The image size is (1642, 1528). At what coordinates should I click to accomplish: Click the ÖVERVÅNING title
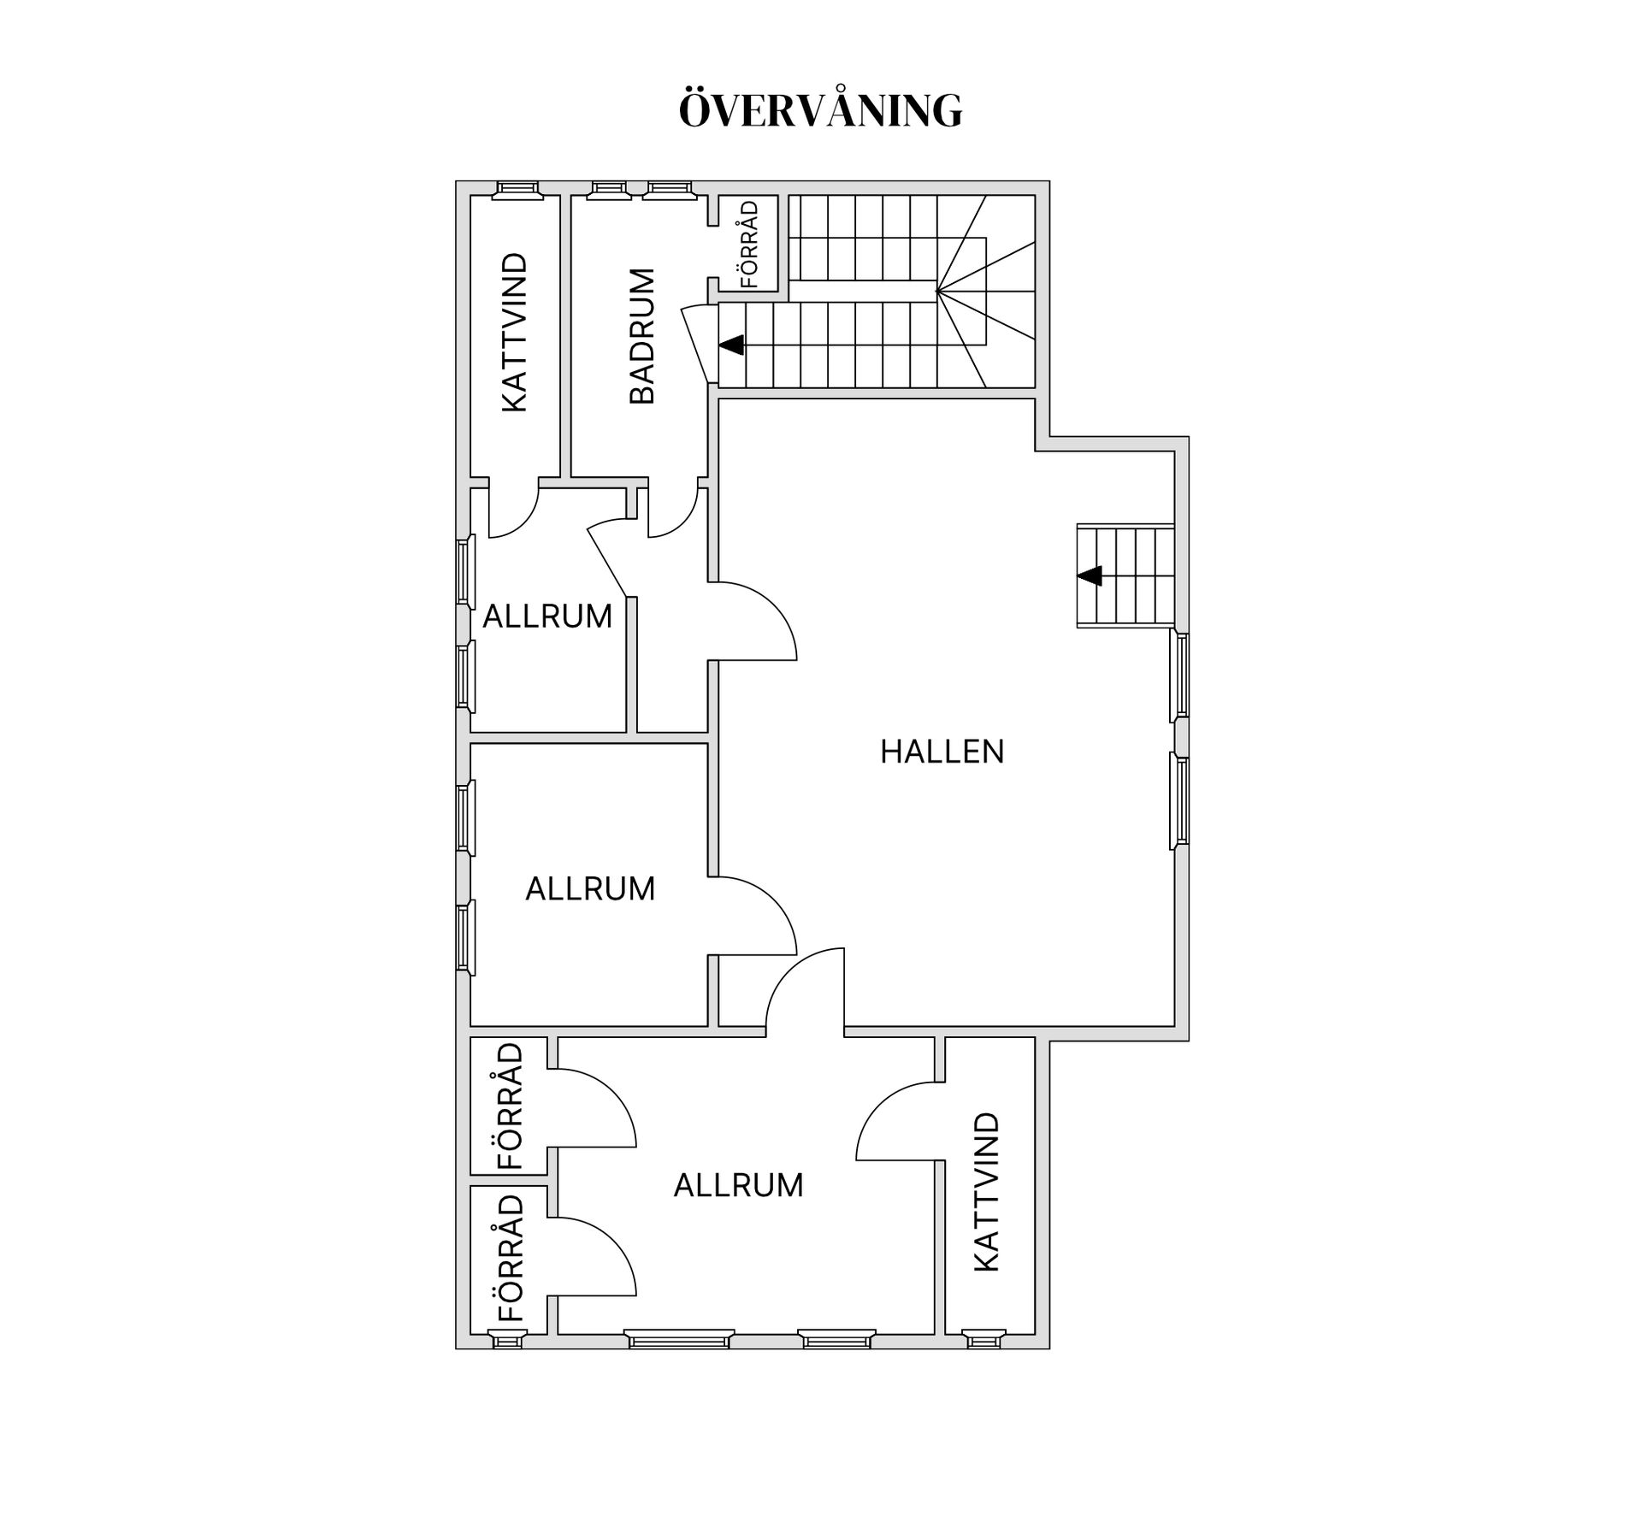(820, 109)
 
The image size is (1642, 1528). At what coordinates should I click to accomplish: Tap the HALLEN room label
(942, 752)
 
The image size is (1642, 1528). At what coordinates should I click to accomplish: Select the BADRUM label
(641, 336)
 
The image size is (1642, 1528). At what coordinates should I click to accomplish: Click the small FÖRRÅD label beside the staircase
(749, 244)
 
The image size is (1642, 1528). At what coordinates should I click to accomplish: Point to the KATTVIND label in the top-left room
(514, 332)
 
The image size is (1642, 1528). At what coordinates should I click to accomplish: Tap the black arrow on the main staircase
(731, 345)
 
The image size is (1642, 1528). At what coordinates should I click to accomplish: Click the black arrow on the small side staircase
(1089, 576)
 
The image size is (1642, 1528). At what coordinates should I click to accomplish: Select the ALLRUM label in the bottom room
(738, 1185)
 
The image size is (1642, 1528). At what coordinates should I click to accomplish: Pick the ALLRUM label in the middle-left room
(590, 889)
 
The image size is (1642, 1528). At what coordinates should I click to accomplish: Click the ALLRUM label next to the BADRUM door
(547, 617)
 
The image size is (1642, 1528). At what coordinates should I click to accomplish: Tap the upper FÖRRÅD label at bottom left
(510, 1106)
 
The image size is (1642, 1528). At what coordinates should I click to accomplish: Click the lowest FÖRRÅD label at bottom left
(510, 1258)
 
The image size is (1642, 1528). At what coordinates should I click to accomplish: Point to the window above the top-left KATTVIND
(517, 190)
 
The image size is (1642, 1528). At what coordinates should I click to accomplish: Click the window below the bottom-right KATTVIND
(983, 1339)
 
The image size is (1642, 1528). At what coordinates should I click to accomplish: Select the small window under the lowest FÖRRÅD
(507, 1339)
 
